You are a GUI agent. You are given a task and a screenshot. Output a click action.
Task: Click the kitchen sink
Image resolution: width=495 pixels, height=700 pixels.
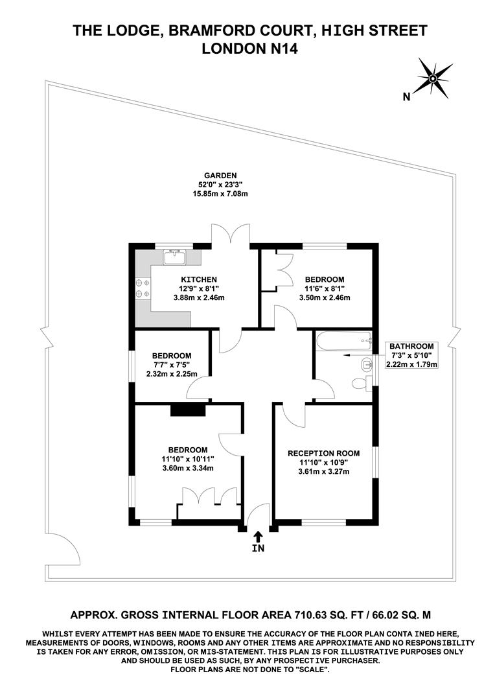pos(174,257)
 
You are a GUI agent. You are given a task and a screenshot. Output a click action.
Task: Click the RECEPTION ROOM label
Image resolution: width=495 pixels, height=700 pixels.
pos(323,453)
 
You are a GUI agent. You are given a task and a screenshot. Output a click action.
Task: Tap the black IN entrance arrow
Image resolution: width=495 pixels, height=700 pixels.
pos(258,536)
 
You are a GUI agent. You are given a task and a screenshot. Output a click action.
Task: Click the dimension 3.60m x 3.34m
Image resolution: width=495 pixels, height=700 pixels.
pos(188,468)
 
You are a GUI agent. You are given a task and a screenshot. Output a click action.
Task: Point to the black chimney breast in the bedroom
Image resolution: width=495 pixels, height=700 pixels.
pos(187,410)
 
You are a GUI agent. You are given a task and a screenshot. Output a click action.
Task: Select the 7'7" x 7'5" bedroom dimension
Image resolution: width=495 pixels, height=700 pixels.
pos(172,365)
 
